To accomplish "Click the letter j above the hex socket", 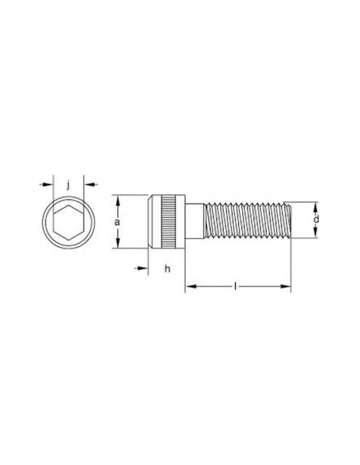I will [x=69, y=185].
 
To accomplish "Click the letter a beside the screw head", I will [x=117, y=223].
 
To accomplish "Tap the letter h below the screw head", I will [x=167, y=269].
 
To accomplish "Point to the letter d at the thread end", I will [x=316, y=218].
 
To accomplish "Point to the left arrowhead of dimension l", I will [x=190, y=286].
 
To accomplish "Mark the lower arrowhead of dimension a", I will [x=117, y=247].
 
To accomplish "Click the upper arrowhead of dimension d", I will [x=316, y=204].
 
